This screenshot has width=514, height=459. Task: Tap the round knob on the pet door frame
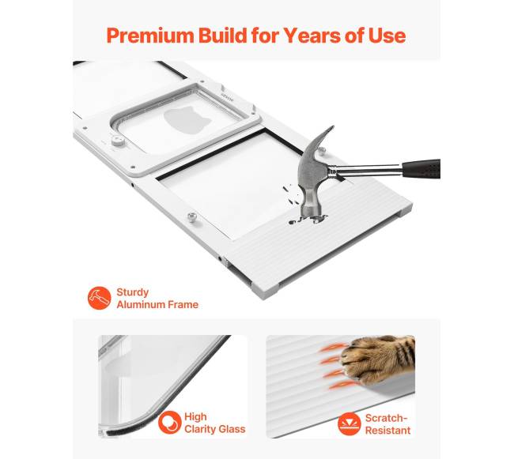[118, 141]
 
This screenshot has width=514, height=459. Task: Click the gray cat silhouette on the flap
[186, 119]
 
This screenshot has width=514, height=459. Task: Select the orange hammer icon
[100, 298]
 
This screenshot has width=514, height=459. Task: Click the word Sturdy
[132, 292]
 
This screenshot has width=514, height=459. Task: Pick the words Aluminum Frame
[157, 304]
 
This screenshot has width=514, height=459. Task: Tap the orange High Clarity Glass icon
[170, 423]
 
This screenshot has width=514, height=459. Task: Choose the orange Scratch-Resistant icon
[349, 424]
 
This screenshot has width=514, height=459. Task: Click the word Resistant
[387, 431]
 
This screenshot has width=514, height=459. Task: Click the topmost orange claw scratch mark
[332, 348]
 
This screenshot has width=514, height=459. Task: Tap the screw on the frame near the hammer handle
[322, 151]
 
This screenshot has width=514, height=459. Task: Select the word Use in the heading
[387, 36]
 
